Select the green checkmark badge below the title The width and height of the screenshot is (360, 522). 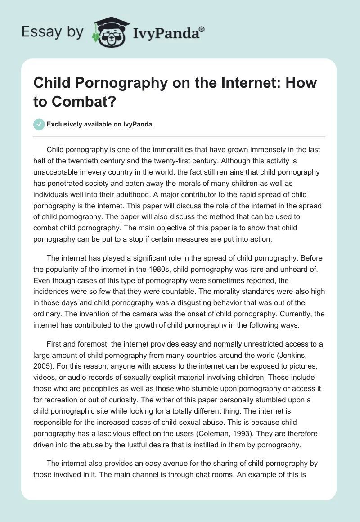pos(39,124)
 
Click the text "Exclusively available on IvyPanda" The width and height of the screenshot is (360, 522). pos(99,124)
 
